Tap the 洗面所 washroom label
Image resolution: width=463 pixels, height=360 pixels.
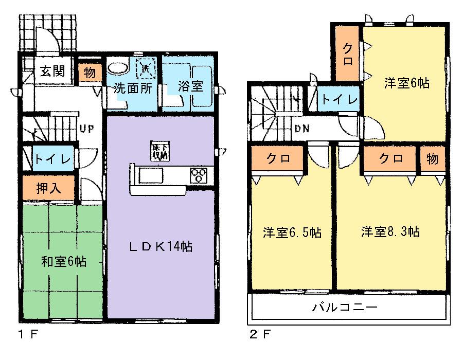point(133,87)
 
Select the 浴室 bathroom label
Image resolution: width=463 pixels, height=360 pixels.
point(190,86)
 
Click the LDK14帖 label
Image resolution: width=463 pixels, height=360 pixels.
point(160,247)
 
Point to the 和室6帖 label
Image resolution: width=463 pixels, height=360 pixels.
point(63,261)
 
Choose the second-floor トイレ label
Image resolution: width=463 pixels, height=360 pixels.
point(337,99)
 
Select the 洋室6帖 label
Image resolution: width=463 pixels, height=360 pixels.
point(407,83)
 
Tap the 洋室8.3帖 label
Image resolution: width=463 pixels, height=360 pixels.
point(390,232)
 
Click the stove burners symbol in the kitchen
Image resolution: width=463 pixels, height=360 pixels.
point(198,175)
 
